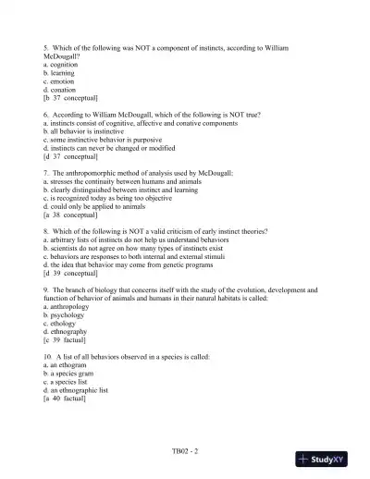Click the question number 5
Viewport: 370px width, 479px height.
point(45,47)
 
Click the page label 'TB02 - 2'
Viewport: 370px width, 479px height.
point(185,451)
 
